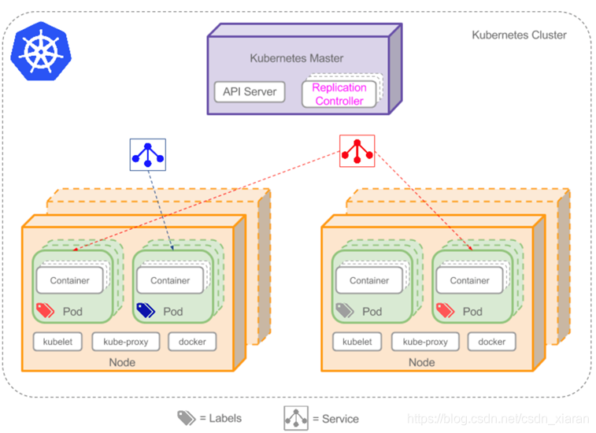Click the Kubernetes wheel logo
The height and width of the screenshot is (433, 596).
point(39,49)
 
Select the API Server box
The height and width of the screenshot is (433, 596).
point(250,91)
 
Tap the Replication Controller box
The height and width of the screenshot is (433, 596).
point(339,94)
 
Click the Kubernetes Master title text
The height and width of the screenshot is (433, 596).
point(297,58)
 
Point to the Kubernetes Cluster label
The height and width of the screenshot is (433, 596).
point(519,35)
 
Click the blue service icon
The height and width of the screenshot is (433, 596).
point(148,154)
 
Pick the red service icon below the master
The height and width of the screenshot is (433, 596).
point(357,150)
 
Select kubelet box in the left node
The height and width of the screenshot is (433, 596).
point(57,342)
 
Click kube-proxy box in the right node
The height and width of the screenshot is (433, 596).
point(425,342)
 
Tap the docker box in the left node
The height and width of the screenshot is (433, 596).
point(192,342)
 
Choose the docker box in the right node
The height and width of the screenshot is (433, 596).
point(492,342)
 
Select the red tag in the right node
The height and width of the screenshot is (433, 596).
point(446,311)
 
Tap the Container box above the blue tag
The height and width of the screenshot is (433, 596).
point(170,280)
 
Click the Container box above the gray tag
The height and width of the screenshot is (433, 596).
point(369,280)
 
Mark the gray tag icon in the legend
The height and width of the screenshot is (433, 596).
point(186,418)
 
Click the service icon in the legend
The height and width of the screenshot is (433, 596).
point(296,418)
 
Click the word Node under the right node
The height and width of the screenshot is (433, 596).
point(422,362)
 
